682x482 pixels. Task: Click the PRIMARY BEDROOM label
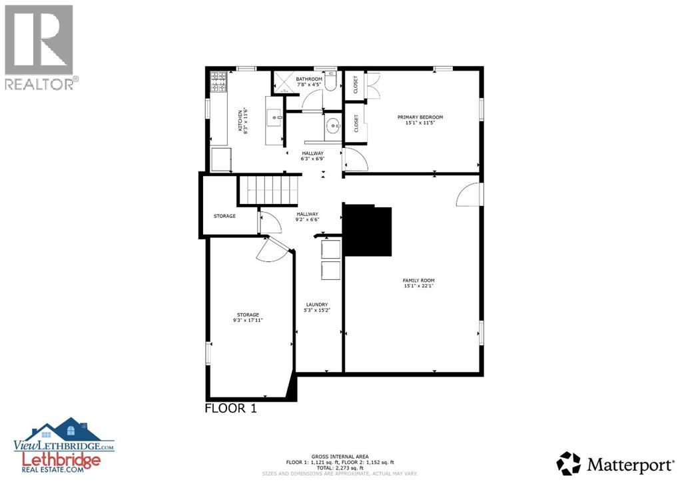pyautogui.click(x=420, y=117)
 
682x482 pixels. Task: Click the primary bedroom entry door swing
pyautogui.click(x=353, y=159)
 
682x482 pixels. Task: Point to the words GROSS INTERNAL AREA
pyautogui.click(x=340, y=456)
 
